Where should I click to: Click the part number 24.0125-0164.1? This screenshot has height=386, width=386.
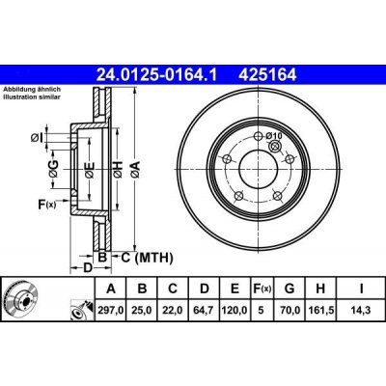tap(157, 75)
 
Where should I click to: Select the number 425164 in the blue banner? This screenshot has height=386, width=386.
tap(267, 75)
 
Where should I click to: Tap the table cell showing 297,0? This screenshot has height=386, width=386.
tap(111, 310)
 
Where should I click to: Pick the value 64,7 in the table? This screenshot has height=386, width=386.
tap(205, 310)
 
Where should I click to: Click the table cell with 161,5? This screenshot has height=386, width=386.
tap(320, 310)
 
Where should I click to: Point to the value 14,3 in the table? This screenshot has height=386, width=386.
tap(361, 310)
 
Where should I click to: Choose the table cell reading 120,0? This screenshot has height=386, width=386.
tap(235, 310)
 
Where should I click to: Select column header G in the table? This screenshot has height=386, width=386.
tap(289, 289)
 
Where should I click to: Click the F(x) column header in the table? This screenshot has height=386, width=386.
tap(262, 289)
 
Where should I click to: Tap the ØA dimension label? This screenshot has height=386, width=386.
tap(135, 170)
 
